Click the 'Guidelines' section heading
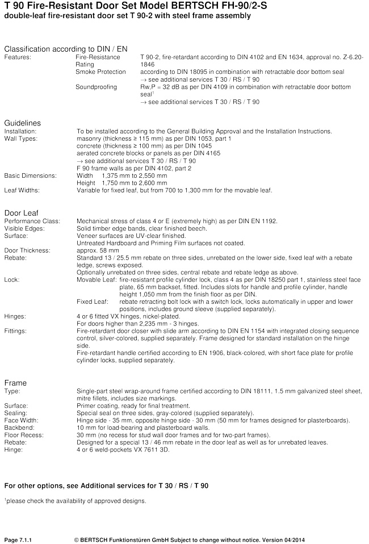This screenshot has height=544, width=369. (22, 123)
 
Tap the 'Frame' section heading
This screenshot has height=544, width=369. (15, 383)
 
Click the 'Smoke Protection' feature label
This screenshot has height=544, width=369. (98, 73)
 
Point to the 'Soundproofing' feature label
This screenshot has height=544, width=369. (96, 87)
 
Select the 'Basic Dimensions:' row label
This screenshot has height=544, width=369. (30, 175)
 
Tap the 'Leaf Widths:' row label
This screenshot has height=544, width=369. (22, 190)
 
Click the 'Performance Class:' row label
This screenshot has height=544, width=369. (31, 220)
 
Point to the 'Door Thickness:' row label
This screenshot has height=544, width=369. (27, 250)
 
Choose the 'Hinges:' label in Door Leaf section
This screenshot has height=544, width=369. (15, 316)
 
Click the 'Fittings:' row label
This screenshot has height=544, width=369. (16, 330)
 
